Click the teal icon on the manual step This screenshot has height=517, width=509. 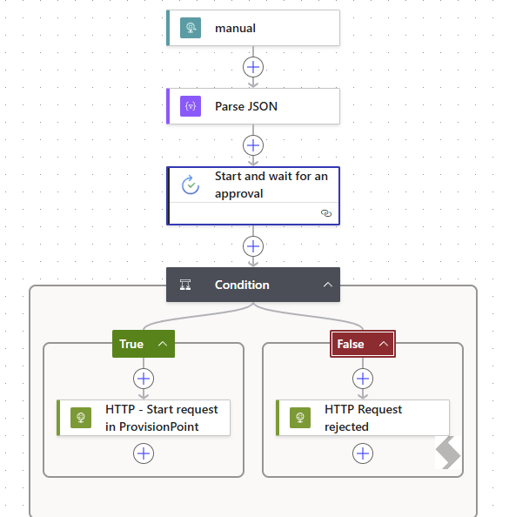pyautogui.click(x=191, y=28)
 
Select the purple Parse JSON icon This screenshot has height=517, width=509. pyautogui.click(x=191, y=106)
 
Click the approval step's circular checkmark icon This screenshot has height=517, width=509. pyautogui.click(x=191, y=185)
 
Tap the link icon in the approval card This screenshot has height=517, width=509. pyautogui.click(x=326, y=213)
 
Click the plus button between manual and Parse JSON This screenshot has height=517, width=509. pyautogui.click(x=253, y=67)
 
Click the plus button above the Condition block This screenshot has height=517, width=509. pyautogui.click(x=253, y=246)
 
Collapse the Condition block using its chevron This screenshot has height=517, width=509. pyautogui.click(x=328, y=285)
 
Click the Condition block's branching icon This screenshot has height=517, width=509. pyautogui.click(x=185, y=285)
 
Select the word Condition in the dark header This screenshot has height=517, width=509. pyautogui.click(x=242, y=285)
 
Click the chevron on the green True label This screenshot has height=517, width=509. pyautogui.click(x=163, y=344)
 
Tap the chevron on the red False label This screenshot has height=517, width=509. pyautogui.click(x=384, y=344)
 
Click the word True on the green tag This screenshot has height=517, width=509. pyautogui.click(x=131, y=344)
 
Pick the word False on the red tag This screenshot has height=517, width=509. pyautogui.click(x=351, y=344)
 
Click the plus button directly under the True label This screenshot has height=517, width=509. pyautogui.click(x=144, y=379)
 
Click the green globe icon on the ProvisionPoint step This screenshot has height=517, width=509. pyautogui.click(x=81, y=418)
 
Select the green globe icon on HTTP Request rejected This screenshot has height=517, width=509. pyautogui.click(x=300, y=418)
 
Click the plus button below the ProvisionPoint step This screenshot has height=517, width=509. pyautogui.click(x=144, y=453)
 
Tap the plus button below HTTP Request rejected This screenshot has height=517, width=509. pyautogui.click(x=363, y=453)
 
